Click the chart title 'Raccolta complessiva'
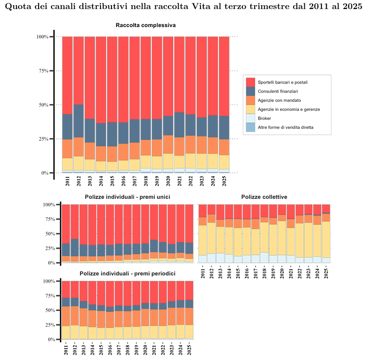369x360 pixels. [145, 25]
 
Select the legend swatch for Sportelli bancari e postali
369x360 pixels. [250, 82]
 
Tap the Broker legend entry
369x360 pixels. [264, 118]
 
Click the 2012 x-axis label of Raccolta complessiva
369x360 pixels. [79, 181]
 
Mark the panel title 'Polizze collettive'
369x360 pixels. [264, 197]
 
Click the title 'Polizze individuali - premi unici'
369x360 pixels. [128, 197]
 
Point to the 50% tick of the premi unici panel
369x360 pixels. [50, 234]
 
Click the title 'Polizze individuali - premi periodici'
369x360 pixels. [128, 274]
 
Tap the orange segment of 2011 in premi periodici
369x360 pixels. [66, 316]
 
